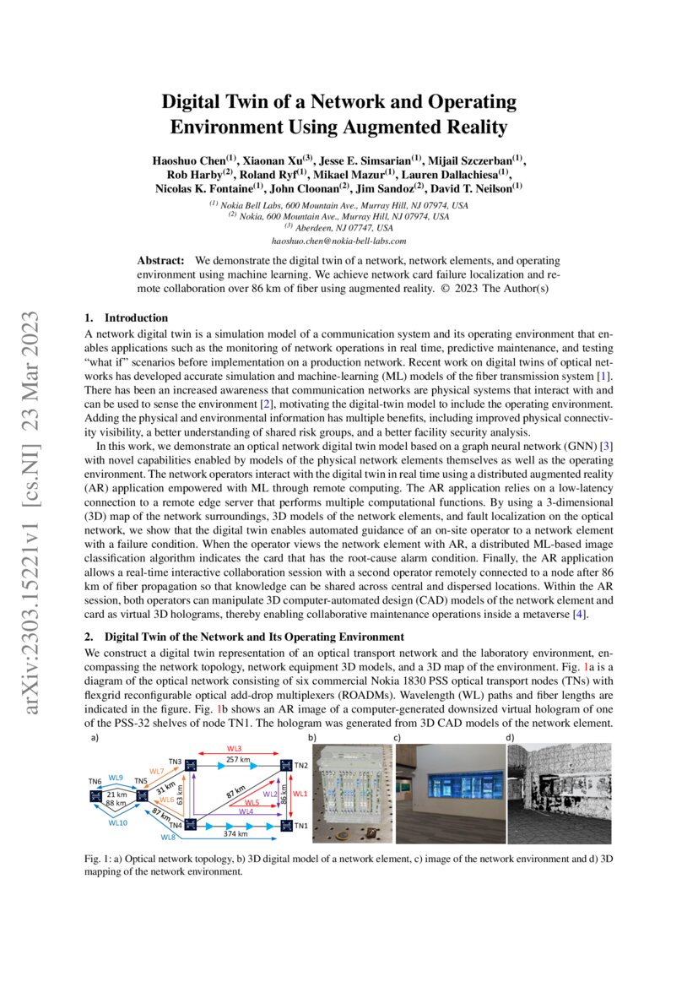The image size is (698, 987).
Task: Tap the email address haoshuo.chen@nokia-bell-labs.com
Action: pos(348,241)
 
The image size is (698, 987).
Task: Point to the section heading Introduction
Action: pos(136,318)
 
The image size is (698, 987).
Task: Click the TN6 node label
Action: pos(95,781)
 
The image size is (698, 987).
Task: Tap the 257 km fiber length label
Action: pos(239,760)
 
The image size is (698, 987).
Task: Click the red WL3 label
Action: pos(234,749)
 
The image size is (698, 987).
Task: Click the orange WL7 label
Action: pos(157,772)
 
